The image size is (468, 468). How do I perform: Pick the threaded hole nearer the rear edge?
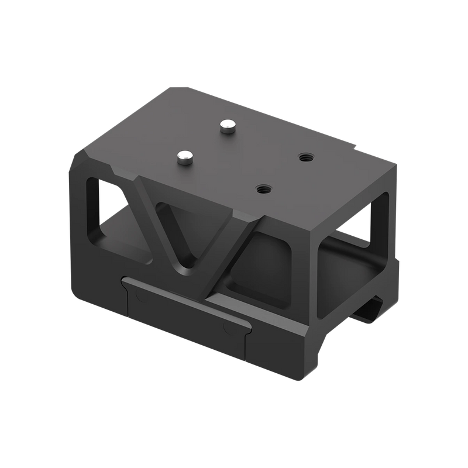(305, 157)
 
